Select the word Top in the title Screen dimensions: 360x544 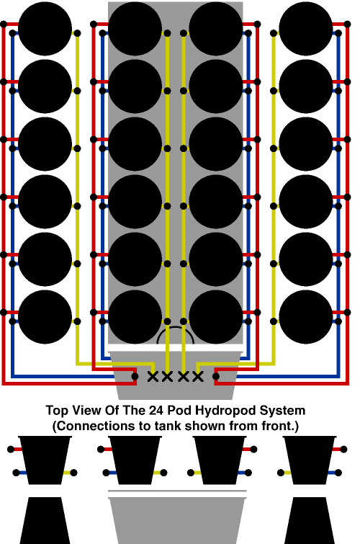[x=57, y=411]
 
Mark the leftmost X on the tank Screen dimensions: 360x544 [x=153, y=376]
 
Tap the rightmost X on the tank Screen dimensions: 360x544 [x=198, y=376]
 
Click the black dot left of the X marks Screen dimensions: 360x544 [x=135, y=376]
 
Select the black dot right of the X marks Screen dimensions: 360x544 [x=216, y=376]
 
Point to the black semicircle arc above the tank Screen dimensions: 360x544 [x=176, y=327]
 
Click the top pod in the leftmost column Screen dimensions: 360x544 [x=45, y=29]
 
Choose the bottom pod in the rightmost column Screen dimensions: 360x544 [x=305, y=317]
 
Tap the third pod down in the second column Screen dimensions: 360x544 [x=135, y=144]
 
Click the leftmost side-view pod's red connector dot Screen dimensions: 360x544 [x=11, y=450]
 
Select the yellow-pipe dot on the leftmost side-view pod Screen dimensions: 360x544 [x=73, y=473]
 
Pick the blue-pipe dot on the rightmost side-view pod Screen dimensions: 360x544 [x=338, y=473]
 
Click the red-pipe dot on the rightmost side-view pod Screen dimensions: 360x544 [x=343, y=450]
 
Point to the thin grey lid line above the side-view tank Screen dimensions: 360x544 [x=177, y=491]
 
